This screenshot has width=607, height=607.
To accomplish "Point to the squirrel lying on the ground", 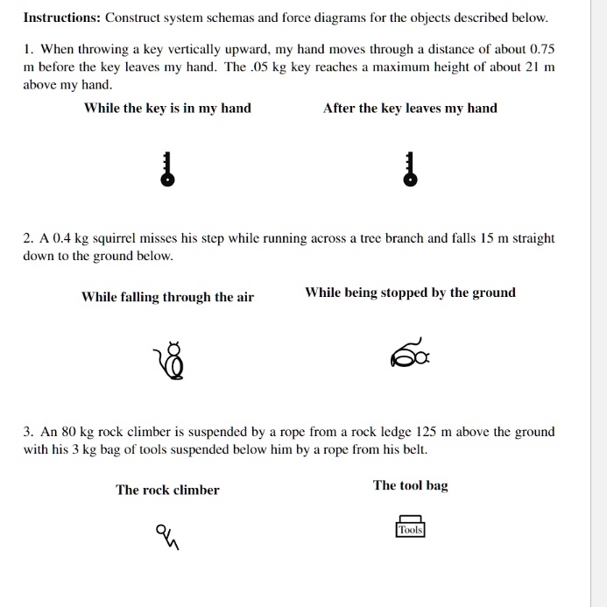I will (410, 355).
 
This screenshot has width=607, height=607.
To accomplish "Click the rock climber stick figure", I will (167, 535).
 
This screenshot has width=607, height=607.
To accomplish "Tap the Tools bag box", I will (410, 527).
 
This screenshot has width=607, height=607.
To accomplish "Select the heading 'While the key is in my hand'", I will (167, 109).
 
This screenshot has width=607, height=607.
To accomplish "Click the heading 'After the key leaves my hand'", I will (410, 109).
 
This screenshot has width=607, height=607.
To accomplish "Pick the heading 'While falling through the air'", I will (167, 297).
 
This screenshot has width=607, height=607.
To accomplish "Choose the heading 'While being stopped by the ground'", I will (410, 293).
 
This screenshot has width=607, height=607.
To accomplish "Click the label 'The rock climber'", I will (167, 490).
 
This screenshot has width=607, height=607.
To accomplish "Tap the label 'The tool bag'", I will (410, 485).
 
